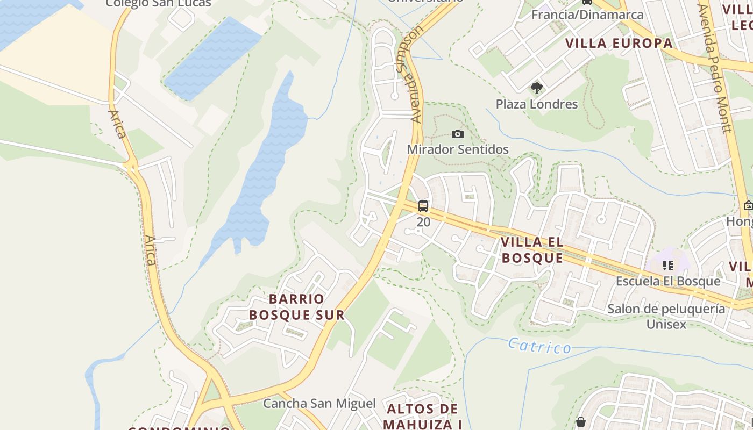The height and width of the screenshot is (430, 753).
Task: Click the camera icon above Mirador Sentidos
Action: tap(458, 134)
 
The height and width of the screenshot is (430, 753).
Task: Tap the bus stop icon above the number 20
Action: tap(423, 206)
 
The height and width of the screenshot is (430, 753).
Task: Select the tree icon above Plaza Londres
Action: tap(536, 88)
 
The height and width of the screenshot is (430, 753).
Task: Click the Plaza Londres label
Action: tap(536, 104)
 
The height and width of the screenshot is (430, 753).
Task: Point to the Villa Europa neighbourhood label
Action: tap(619, 44)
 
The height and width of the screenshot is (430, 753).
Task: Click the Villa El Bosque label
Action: tap(531, 250)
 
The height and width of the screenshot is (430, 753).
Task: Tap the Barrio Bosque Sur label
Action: tap(296, 307)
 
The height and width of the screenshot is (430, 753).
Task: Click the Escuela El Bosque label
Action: tap(667, 281)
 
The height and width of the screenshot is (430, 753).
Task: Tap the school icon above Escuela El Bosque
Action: tap(668, 265)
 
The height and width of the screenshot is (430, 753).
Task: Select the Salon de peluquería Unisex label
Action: tap(666, 316)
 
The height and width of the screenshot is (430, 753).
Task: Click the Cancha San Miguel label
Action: tap(319, 403)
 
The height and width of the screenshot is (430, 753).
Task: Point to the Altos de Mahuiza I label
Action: tap(422, 417)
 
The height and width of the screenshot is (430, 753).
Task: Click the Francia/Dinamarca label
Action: tap(587, 15)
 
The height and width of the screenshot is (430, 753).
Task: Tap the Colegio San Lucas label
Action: tap(158, 3)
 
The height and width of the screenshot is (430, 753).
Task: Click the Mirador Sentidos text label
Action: tap(458, 149)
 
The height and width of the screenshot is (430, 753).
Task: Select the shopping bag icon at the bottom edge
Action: tap(580, 422)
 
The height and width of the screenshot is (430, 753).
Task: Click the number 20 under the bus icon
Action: tap(423, 221)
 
